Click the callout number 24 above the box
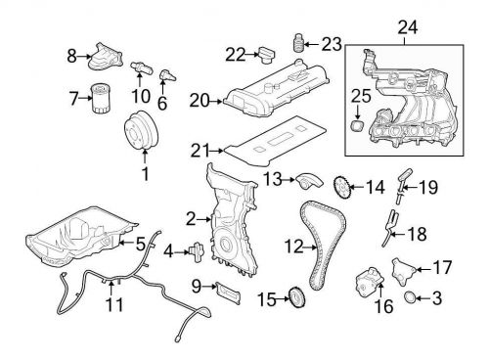(408, 27)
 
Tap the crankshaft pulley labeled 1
(142, 131)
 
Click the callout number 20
(199, 101)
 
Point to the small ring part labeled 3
(410, 297)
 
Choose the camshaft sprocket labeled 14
(341, 188)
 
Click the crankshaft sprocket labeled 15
(295, 296)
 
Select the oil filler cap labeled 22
(267, 56)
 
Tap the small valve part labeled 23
(298, 42)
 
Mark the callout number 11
(114, 305)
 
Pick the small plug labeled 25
(358, 126)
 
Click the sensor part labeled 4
(197, 252)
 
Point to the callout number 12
(294, 247)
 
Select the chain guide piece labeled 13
(309, 181)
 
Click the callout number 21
(200, 151)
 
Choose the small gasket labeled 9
(228, 292)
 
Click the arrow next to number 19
(411, 188)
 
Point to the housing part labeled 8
(106, 57)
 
